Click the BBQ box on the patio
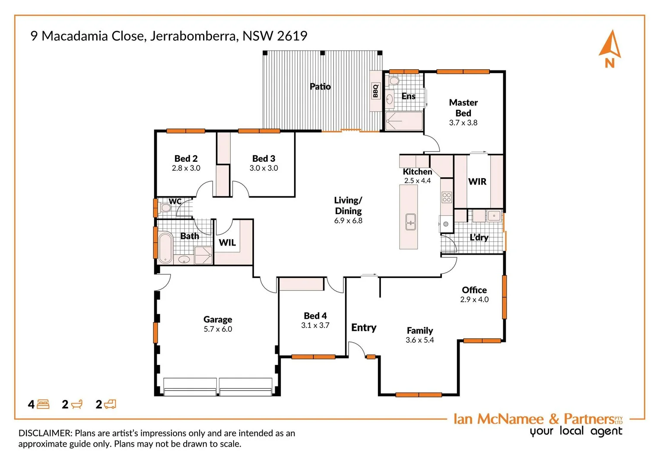pos(375,91)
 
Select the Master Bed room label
pos(463,108)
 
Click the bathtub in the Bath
pos(165,248)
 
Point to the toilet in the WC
pos(165,208)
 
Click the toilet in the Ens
pos(394,81)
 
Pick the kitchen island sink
pos(410,222)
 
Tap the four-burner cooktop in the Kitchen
pos(447,198)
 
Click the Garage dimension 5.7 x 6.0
pos(218,329)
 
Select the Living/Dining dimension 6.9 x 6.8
pos(348,221)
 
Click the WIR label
pos(477,182)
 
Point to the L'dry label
pos(479,237)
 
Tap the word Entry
pos(364,328)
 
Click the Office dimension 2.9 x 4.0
pos(474,300)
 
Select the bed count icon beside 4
pos(43,405)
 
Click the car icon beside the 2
pos(110,404)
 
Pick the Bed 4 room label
pos(315,316)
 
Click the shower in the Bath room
pos(203,255)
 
